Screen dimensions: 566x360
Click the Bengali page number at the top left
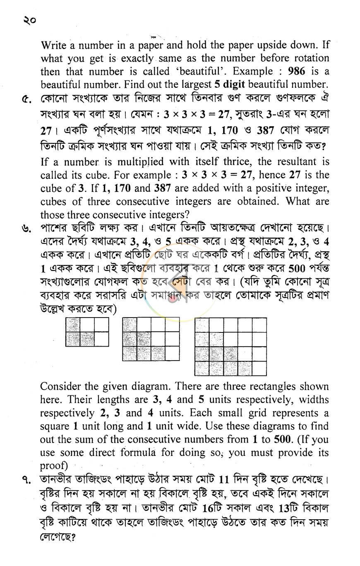pyautogui.click(x=29, y=19)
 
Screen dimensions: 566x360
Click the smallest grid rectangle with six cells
pyautogui.click(x=87, y=332)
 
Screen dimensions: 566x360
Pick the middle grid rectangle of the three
pyautogui.click(x=151, y=339)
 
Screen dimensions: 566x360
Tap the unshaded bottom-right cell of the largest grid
pyautogui.click(x=259, y=368)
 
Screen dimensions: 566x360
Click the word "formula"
pyautogui.click(x=143, y=453)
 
